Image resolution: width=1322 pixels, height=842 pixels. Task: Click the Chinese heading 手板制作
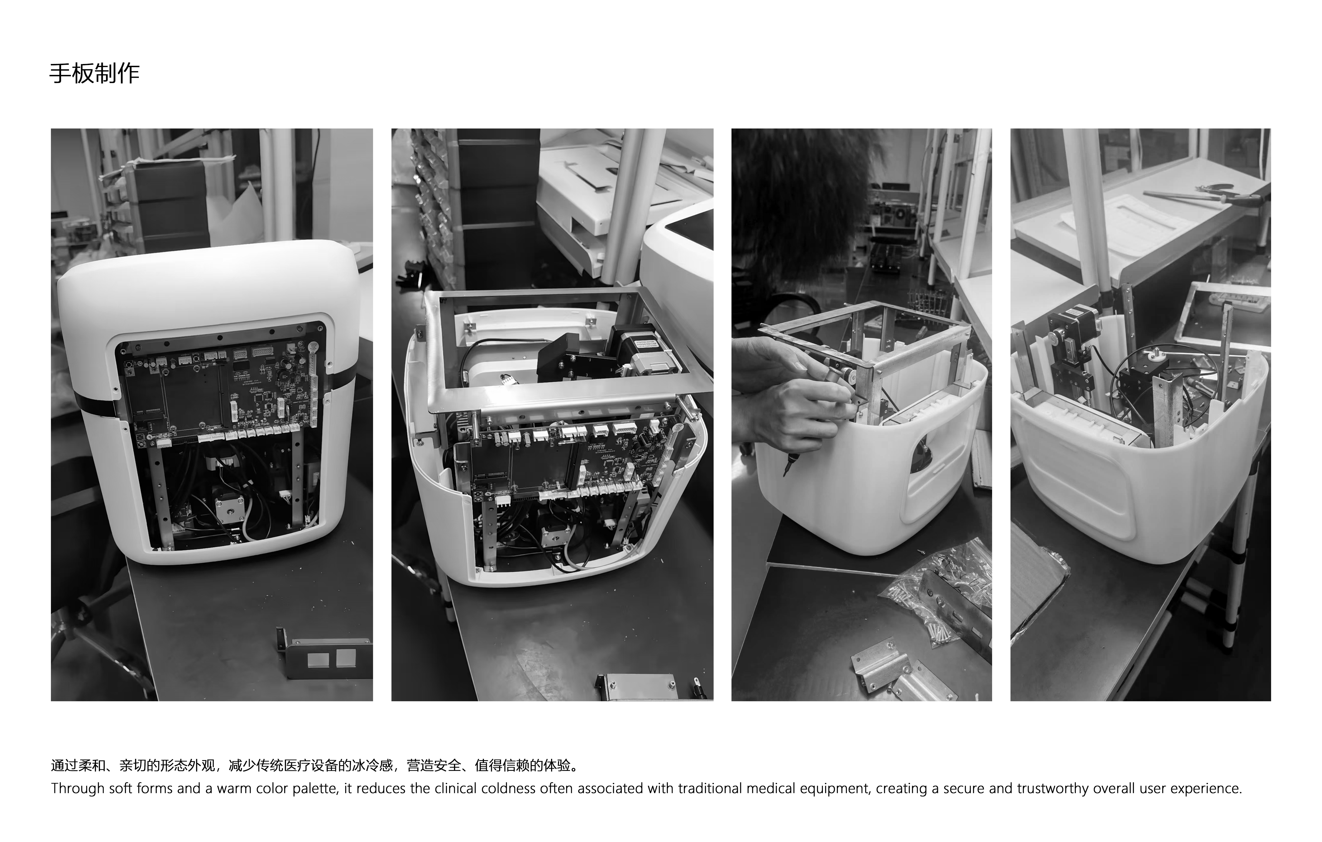(94, 73)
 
